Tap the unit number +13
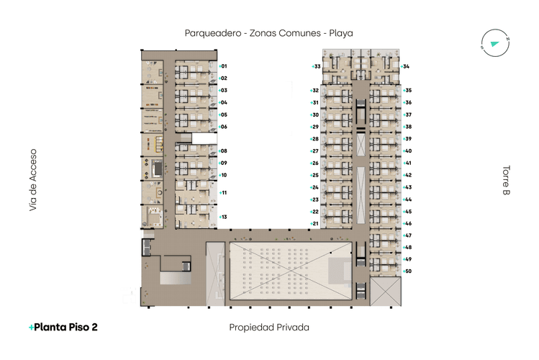pyautogui.click(x=224, y=217)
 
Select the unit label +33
pyautogui.click(x=316, y=66)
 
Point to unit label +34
pyautogui.click(x=405, y=66)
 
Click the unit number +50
pyautogui.click(x=407, y=271)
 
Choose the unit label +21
pyautogui.click(x=314, y=224)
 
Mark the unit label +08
pyautogui.click(x=224, y=151)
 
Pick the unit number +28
pyautogui.click(x=314, y=139)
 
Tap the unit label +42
pyautogui.click(x=407, y=175)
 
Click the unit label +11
pyautogui.click(x=224, y=193)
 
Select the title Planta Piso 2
pyautogui.click(x=63, y=327)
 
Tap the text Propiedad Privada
pyautogui.click(x=269, y=327)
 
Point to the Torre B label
pyautogui.click(x=506, y=181)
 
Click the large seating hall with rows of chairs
pyautogui.click(x=290, y=270)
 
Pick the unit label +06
pyautogui.click(x=224, y=127)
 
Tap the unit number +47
pyautogui.click(x=407, y=235)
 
